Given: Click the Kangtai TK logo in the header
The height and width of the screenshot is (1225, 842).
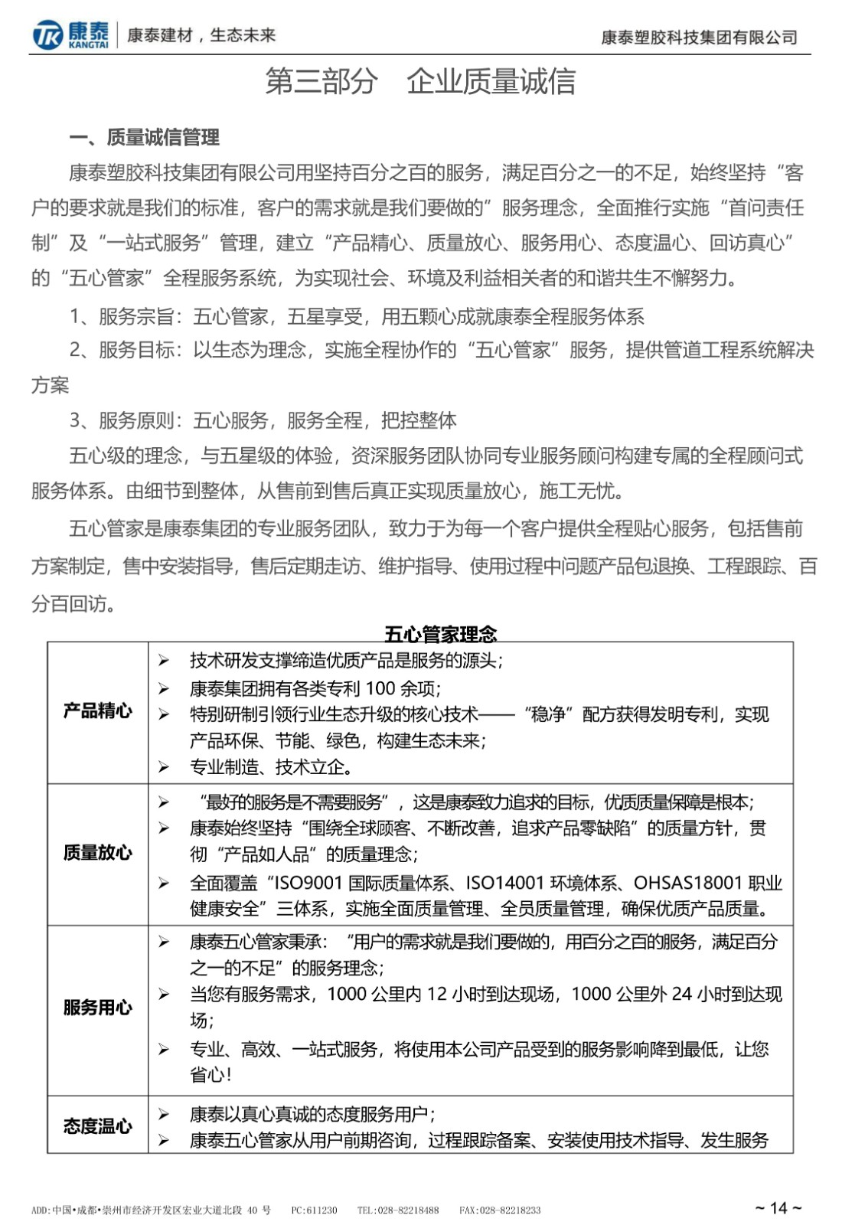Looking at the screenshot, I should click(48, 35).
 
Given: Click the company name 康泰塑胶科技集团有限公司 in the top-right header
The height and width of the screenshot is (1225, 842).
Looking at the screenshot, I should click(699, 37).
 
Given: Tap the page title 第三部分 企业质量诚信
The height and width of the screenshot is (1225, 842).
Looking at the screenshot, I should click(420, 81).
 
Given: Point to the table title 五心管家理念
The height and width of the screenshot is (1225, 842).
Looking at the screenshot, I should click(440, 633).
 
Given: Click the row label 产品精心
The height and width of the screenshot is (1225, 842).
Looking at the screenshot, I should click(97, 710).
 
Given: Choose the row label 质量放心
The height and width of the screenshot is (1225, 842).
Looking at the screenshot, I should click(97, 853).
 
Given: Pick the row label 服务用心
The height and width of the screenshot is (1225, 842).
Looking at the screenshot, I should click(97, 1008).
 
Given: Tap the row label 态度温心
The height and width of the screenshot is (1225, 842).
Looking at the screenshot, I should click(97, 1125).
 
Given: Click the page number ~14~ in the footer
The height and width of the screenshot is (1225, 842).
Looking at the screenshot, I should click(778, 1208).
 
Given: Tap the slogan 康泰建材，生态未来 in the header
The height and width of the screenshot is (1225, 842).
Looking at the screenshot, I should click(201, 35).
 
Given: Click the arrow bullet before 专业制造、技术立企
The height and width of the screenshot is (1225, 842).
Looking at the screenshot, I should click(163, 766).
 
